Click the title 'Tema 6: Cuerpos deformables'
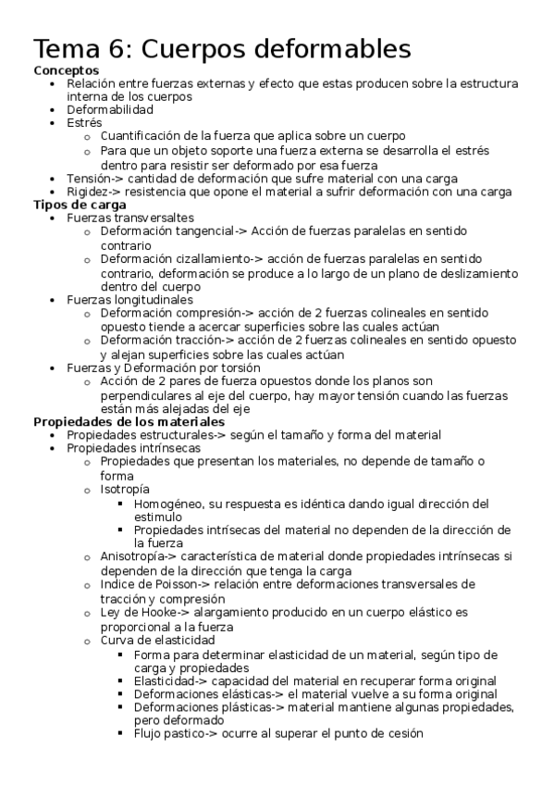222,47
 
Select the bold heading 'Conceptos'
67,70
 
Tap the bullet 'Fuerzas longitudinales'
129,299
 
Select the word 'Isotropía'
126,489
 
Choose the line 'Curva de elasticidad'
157,640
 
